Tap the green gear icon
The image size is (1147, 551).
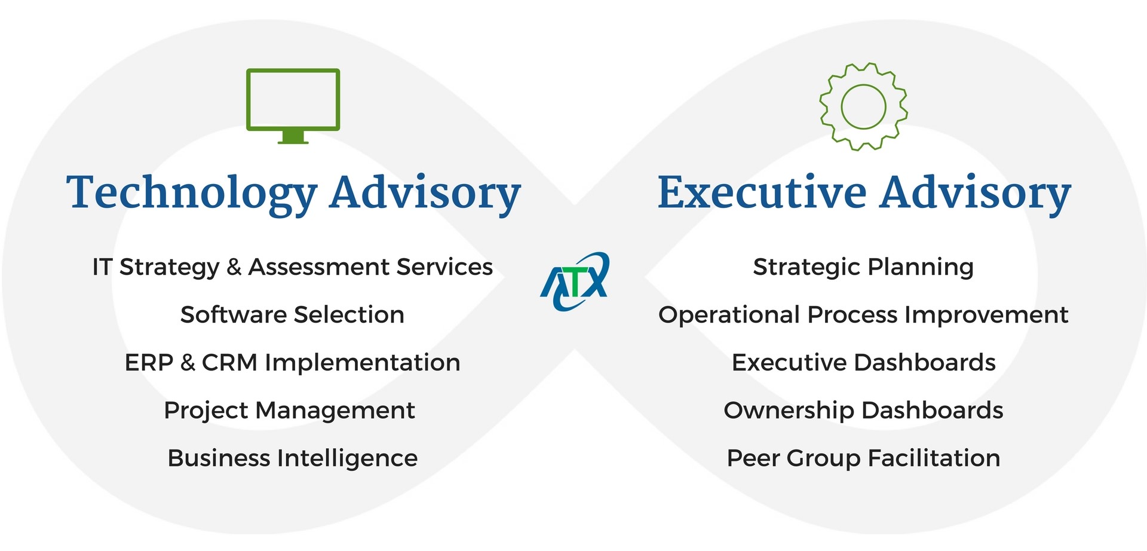tap(863, 106)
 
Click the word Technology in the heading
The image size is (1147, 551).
tap(191, 193)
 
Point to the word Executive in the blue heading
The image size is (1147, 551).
tap(762, 192)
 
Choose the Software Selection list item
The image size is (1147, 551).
tap(292, 314)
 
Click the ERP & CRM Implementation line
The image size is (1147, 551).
tap(292, 362)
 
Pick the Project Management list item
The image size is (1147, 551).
tap(289, 411)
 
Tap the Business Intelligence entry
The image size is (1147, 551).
tap(292, 458)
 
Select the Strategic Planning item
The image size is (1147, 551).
tap(863, 267)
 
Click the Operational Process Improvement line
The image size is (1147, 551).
tap(863, 315)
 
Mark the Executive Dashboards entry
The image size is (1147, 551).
tap(863, 362)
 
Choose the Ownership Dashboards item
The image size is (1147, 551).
tap(863, 411)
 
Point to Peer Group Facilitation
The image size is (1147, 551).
tap(863, 458)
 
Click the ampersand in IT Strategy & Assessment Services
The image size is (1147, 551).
tap(234, 267)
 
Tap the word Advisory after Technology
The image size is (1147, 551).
tap(425, 193)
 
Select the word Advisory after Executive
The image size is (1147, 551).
tap(975, 192)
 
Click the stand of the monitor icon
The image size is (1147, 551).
tap(293, 137)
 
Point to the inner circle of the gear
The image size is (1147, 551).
tap(863, 106)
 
